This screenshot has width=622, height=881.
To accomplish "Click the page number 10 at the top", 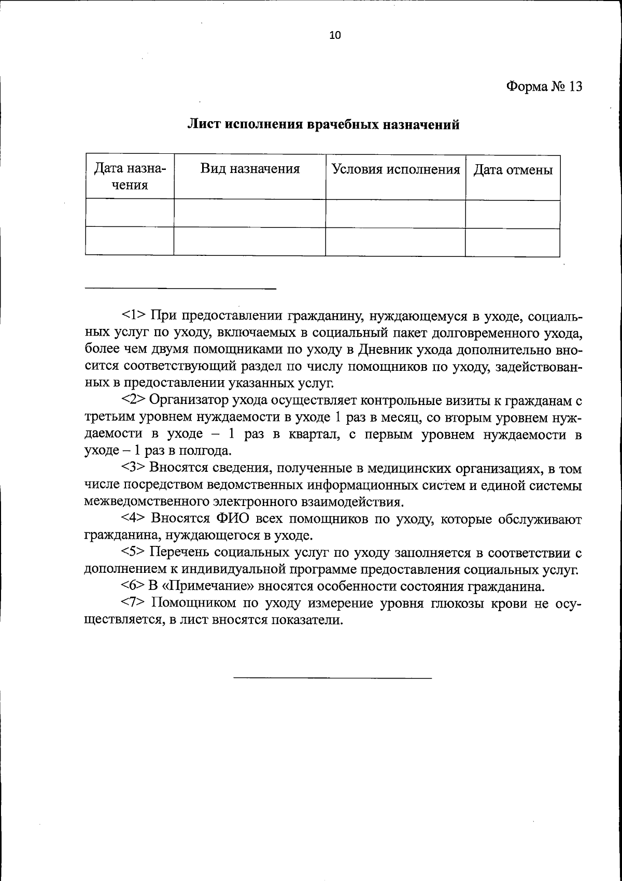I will click(x=335, y=35).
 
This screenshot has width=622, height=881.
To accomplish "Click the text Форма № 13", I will click(x=544, y=86).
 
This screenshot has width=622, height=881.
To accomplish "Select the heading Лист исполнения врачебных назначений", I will click(x=323, y=125).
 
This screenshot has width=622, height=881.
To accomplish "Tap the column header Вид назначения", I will click(x=250, y=169).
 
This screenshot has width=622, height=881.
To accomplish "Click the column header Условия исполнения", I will click(x=395, y=169).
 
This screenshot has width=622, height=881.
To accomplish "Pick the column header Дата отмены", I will click(x=513, y=170).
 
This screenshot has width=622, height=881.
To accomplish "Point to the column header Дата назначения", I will click(x=130, y=177).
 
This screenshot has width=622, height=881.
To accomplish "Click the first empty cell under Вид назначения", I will click(x=250, y=213).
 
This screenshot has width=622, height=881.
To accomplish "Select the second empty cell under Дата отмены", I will click(x=512, y=242).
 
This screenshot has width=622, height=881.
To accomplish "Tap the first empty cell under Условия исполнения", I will click(x=395, y=213).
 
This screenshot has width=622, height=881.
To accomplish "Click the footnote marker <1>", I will click(x=135, y=315).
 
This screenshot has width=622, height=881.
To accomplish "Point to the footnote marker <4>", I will click(x=135, y=519).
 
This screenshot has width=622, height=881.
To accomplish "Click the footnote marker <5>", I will click(x=135, y=553).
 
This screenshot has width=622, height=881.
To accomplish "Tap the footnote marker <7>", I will click(x=135, y=603).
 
